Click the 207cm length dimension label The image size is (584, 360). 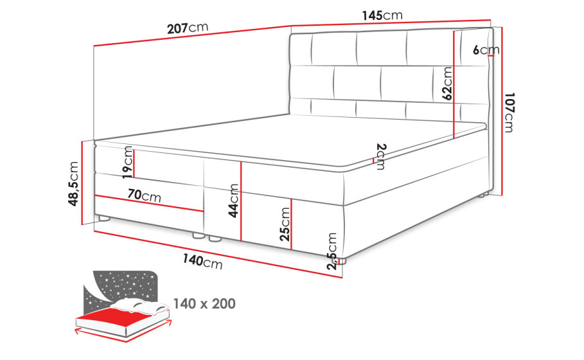pyautogui.click(x=188, y=28)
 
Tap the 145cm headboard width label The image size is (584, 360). pyautogui.click(x=382, y=15)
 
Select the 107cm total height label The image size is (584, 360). pyautogui.click(x=509, y=113)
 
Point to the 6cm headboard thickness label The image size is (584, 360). pyautogui.click(x=486, y=50)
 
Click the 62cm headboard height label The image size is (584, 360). pyautogui.click(x=447, y=84)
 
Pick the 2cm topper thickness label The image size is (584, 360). pyautogui.click(x=381, y=156)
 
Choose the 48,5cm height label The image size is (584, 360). pyautogui.click(x=73, y=184)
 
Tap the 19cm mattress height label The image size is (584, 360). pyautogui.click(x=127, y=163)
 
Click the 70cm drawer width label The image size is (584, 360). pyautogui.click(x=144, y=195)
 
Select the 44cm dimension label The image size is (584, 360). pyautogui.click(x=233, y=201)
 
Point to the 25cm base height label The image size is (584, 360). pyautogui.click(x=285, y=224)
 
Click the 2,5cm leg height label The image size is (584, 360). pyautogui.click(x=332, y=251)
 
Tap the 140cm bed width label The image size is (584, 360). pyautogui.click(x=202, y=261)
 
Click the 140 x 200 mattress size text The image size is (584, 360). pyautogui.click(x=204, y=303)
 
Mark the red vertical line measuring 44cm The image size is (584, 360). pyautogui.click(x=242, y=201)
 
